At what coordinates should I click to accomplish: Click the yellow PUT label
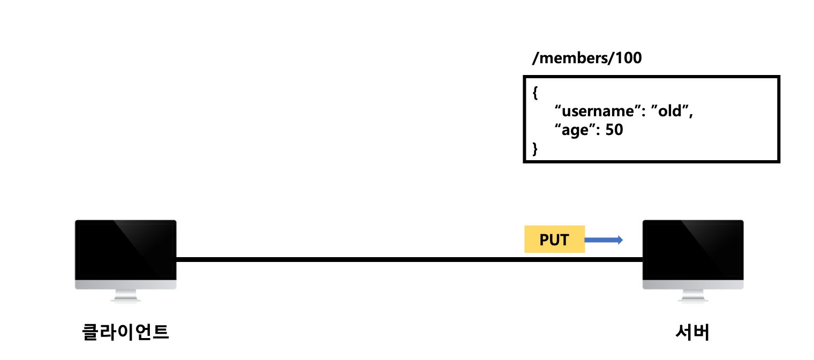554,239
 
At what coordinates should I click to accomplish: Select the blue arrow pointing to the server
604,239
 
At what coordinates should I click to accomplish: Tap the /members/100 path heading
586,58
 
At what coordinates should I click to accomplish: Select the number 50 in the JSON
614,130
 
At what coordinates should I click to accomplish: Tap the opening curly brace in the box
535,93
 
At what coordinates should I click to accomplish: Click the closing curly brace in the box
535,149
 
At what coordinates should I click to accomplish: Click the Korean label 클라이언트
125,332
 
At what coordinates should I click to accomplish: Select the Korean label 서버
692,332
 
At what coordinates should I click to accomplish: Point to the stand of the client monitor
125,296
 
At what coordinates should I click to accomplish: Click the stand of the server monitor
693,296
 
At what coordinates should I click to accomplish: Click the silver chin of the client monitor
125,284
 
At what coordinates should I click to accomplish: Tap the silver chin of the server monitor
693,284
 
